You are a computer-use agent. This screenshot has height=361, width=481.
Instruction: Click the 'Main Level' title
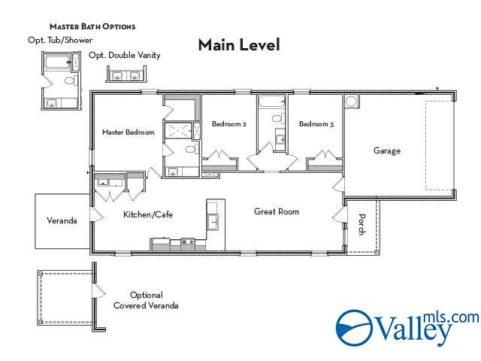tap(239, 45)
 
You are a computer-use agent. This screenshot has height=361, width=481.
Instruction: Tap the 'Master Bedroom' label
tap(128, 132)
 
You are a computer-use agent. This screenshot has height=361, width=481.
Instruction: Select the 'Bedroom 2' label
tap(228, 124)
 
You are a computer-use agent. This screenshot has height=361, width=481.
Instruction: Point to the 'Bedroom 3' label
tap(316, 124)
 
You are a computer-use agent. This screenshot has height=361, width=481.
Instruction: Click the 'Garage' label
tap(387, 150)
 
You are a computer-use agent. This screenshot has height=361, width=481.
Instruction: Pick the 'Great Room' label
tap(276, 211)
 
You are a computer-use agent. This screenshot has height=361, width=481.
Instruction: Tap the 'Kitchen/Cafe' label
tap(148, 215)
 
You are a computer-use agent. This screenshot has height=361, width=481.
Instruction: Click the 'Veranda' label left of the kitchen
tap(62, 221)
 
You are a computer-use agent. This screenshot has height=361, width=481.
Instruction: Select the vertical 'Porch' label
tap(362, 225)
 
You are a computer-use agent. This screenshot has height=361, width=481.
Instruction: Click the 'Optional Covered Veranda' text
tap(146, 300)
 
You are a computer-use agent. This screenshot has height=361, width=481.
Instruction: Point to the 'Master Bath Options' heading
tap(92, 26)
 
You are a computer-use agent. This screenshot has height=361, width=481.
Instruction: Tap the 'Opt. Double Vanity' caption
tap(124, 55)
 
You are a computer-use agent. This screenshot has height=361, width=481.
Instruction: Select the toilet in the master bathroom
tap(189, 150)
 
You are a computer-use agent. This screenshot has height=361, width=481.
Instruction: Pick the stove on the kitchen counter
tap(186, 243)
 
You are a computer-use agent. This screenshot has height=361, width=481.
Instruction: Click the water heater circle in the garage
tap(351, 101)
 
